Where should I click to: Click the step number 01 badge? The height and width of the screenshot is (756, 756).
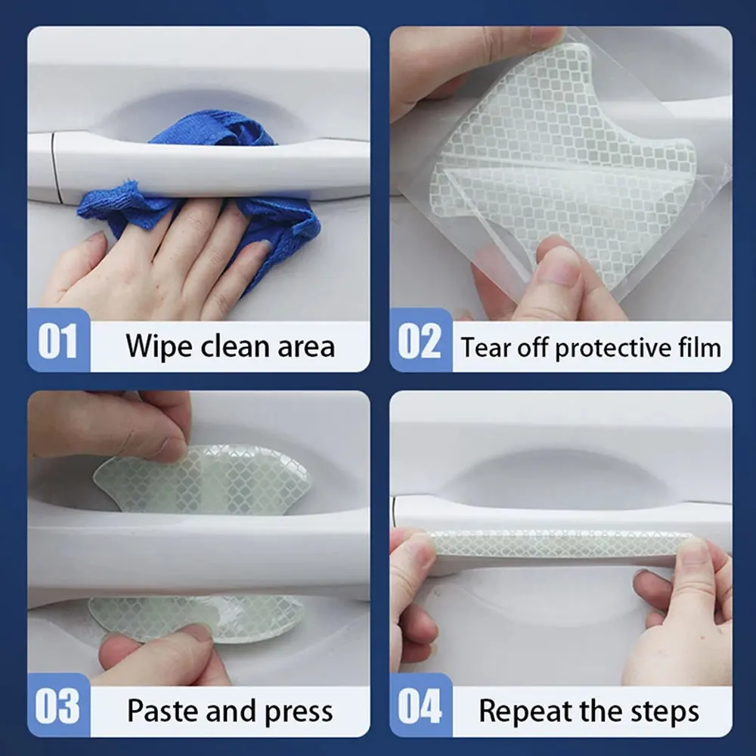[58, 340]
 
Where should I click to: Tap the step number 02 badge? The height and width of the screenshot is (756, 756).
[420, 340]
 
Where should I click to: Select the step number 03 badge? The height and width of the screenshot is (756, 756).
[58, 705]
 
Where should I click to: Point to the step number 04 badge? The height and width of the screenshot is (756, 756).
[420, 705]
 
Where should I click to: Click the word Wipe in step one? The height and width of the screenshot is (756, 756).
[159, 347]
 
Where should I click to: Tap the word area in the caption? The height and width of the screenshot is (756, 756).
[306, 347]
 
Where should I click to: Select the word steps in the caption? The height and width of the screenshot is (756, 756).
[667, 711]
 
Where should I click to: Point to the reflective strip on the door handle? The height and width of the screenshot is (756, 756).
[562, 544]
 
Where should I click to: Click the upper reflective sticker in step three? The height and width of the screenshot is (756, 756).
[203, 480]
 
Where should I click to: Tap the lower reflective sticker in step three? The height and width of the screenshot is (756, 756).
[197, 618]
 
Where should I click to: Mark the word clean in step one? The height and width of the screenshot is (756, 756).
[235, 347]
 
